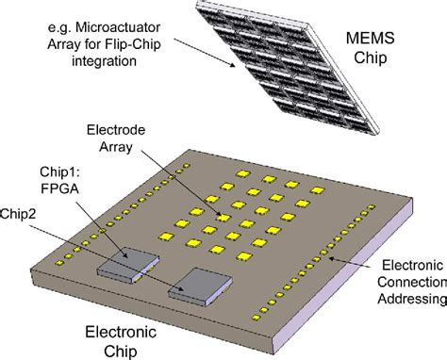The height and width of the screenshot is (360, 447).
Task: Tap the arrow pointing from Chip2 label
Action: click(x=113, y=252)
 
